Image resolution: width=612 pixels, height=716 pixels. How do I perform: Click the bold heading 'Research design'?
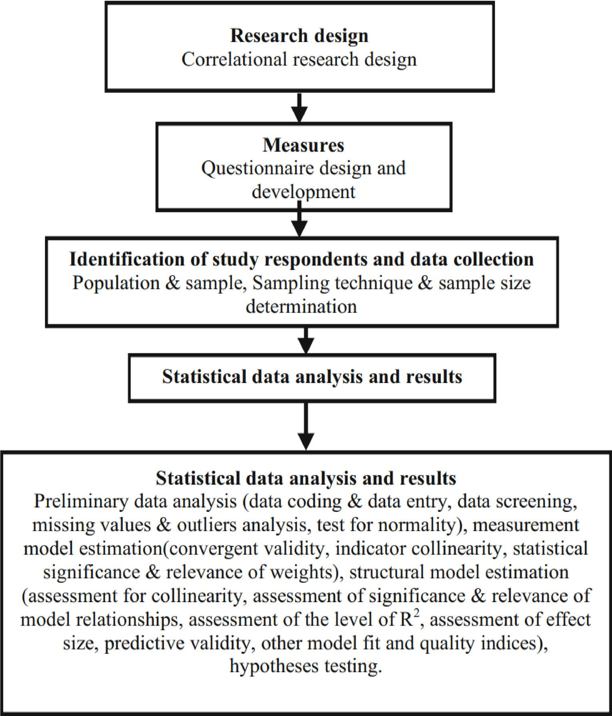tap(299, 36)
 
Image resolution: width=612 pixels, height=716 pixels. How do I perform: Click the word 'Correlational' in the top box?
tap(234, 60)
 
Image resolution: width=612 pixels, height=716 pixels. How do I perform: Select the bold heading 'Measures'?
tap(303, 145)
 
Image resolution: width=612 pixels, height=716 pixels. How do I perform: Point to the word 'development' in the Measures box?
tap(303, 192)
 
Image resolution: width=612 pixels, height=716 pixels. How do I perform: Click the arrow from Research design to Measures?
tap(300, 107)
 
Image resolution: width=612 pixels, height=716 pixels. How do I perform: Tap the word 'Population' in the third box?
tap(116, 283)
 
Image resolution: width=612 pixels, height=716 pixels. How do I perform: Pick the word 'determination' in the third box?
tap(301, 307)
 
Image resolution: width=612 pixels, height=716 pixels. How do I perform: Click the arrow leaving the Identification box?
tap(306, 340)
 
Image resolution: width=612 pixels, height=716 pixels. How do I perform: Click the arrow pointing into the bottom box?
tap(306, 426)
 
